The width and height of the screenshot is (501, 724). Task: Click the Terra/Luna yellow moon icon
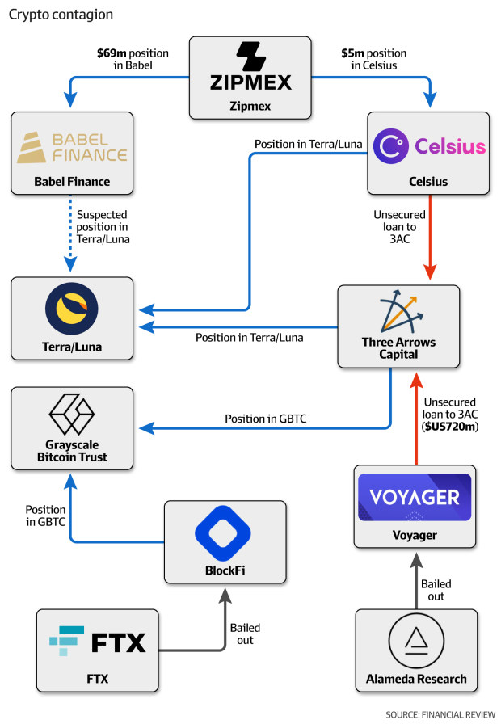coord(71,310)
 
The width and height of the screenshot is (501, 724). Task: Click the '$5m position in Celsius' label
coord(370,59)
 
